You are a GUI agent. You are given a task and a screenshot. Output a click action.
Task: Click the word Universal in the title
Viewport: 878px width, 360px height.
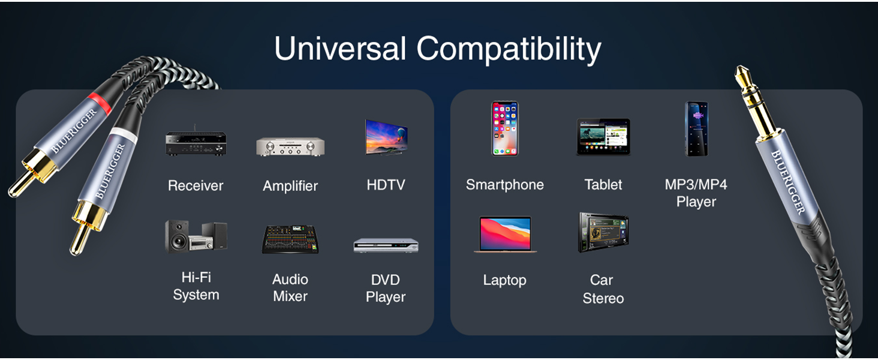[340, 48]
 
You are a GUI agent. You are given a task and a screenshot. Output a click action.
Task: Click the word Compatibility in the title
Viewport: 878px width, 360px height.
[509, 50]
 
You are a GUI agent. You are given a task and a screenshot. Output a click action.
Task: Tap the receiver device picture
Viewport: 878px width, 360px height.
[196, 141]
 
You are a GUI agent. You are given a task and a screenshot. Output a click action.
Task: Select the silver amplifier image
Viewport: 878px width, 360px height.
[290, 146]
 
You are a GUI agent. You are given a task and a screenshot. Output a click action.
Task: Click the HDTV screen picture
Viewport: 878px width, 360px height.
[386, 137]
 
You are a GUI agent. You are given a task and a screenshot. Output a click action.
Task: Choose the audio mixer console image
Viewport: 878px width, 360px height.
[290, 239]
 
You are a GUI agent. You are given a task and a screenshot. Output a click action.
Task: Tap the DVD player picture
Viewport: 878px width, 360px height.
[386, 245]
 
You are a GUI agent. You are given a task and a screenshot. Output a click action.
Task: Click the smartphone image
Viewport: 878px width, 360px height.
[505, 128]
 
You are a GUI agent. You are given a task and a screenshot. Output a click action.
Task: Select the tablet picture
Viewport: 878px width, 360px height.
[603, 137]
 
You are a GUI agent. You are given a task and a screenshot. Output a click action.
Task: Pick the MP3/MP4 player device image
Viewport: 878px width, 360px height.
[696, 128]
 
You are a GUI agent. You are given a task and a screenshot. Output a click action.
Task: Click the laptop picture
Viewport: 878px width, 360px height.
[505, 234]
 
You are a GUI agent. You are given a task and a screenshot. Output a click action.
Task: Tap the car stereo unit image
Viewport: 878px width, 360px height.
[603, 232]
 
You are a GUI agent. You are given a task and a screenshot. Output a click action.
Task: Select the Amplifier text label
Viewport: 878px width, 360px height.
[290, 186]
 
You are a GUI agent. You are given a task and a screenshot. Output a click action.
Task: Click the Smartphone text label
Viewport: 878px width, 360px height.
[505, 185]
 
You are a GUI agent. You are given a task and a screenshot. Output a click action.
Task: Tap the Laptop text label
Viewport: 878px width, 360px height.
[505, 280]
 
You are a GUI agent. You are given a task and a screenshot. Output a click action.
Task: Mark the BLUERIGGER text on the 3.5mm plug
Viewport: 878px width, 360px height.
[788, 182]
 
